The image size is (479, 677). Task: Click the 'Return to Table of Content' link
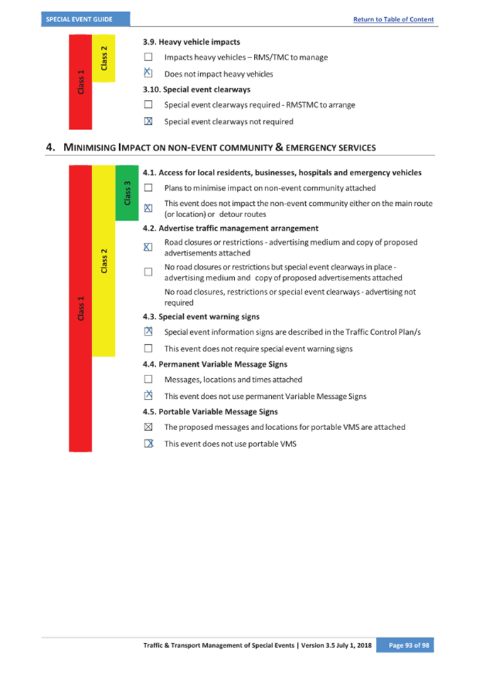tap(393, 19)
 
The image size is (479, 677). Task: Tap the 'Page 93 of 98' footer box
tap(404, 644)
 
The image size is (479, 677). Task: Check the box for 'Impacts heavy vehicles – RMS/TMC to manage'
tap(148, 57)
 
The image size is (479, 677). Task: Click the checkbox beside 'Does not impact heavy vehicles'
tap(148, 73)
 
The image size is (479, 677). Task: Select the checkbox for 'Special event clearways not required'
tap(148, 121)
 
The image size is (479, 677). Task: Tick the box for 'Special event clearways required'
tap(148, 105)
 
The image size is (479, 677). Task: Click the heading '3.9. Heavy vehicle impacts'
tap(192, 42)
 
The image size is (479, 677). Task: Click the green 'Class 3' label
tap(127, 192)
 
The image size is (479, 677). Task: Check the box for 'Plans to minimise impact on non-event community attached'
tap(148, 188)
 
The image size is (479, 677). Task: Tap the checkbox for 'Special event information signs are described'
tap(148, 331)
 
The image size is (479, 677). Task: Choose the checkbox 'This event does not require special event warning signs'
tap(148, 348)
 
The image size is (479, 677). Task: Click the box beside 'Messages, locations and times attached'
tap(148, 380)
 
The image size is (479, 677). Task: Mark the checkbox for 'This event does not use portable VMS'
tap(148, 444)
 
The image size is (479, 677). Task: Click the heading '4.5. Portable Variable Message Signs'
tap(210, 412)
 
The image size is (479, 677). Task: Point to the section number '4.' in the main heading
tap(51, 148)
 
